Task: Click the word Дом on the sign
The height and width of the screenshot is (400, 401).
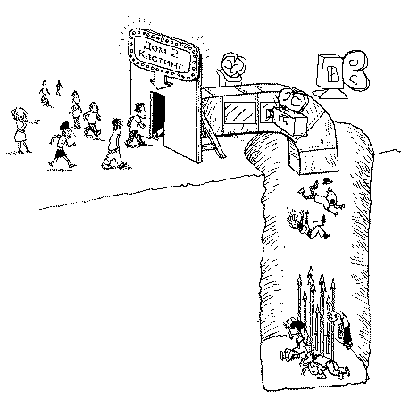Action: (x=155, y=48)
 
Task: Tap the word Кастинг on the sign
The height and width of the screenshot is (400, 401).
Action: (x=161, y=61)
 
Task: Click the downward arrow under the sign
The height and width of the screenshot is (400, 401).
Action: (x=161, y=81)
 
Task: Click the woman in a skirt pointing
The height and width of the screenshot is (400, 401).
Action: (x=21, y=130)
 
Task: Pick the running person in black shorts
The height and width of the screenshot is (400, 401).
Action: (x=63, y=144)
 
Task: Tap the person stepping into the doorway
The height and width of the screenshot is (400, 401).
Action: (x=136, y=124)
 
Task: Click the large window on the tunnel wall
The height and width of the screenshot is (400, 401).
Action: (x=240, y=113)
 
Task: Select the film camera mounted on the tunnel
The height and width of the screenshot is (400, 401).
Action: (x=291, y=113)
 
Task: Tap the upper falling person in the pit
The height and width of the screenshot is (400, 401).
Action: (x=322, y=197)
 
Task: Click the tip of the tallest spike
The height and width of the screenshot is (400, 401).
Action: (x=311, y=267)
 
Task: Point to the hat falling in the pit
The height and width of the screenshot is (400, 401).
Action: (x=327, y=180)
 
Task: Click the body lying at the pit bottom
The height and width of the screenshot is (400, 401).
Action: (x=325, y=369)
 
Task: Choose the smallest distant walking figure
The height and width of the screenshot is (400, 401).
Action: (x=59, y=88)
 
